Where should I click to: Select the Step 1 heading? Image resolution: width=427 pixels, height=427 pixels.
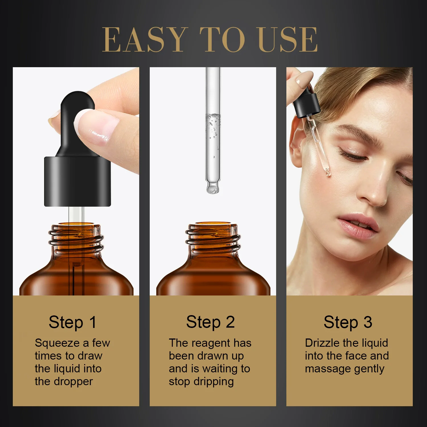pos(73,322)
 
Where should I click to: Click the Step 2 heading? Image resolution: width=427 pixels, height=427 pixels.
pos(210,322)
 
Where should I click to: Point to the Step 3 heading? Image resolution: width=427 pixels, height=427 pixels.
pos(348,322)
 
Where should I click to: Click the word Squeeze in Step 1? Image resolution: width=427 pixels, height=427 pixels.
pos(57,343)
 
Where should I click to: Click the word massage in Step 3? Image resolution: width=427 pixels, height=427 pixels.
pos(324,369)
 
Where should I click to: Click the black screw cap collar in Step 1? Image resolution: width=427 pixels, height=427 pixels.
pos(77,181)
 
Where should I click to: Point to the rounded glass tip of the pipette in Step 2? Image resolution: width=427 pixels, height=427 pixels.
pos(213,188)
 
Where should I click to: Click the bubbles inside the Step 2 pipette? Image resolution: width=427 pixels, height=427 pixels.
pos(213,125)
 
